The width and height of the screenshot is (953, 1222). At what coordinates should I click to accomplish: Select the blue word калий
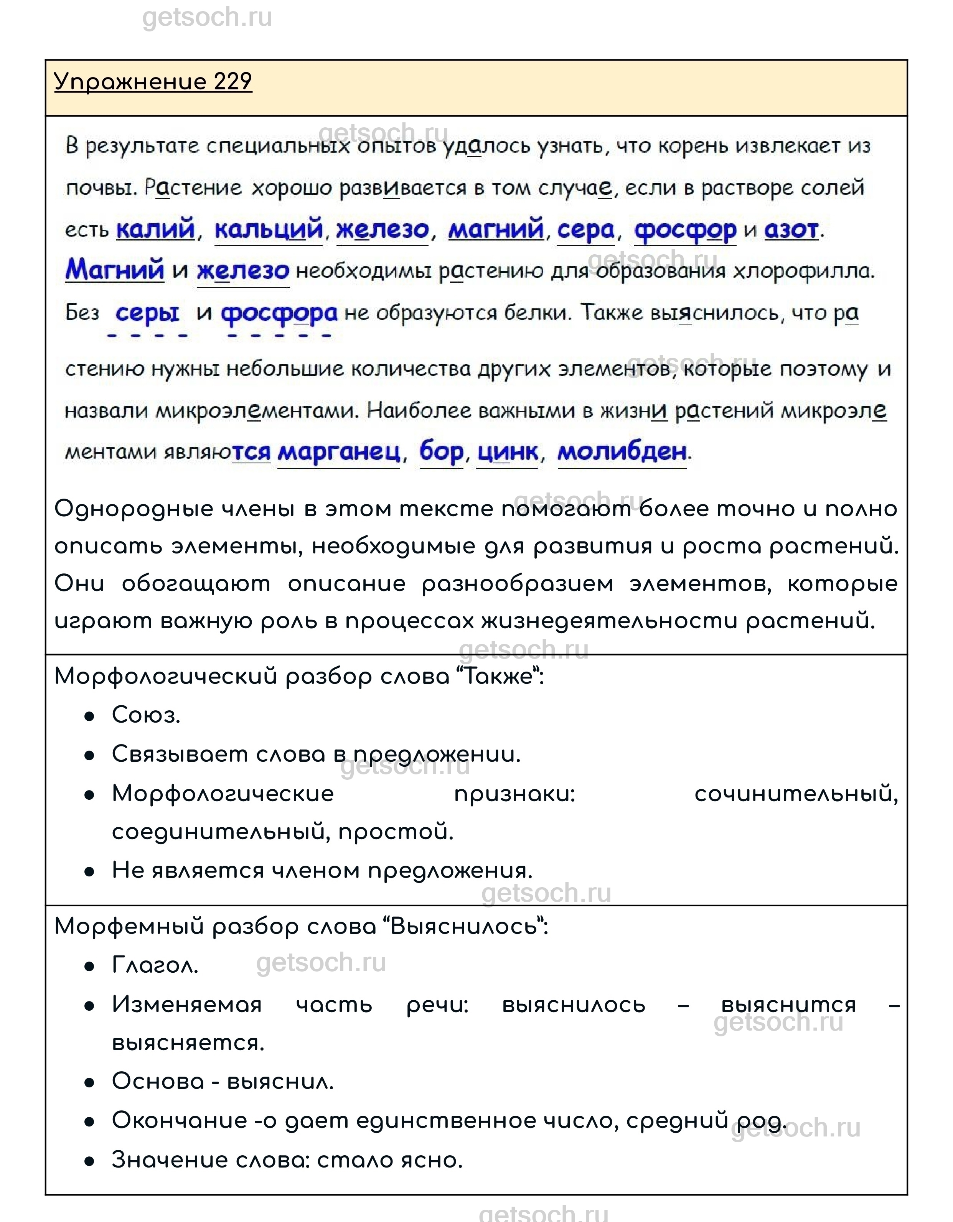click(155, 229)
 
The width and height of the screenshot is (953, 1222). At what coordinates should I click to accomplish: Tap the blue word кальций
click(269, 229)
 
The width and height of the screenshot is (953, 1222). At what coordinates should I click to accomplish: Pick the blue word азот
click(791, 229)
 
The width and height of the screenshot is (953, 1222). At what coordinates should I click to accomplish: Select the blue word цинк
click(508, 452)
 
